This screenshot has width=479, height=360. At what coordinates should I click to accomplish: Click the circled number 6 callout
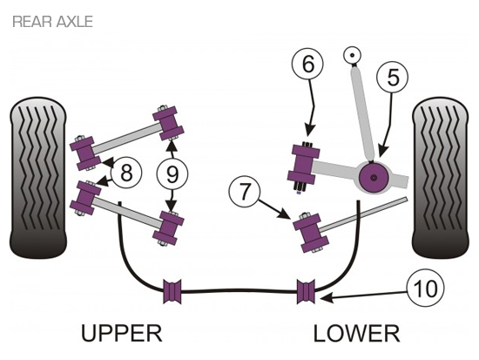(308, 65)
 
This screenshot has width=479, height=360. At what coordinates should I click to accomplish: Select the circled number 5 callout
(393, 78)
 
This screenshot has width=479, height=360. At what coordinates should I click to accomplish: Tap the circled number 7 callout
(245, 193)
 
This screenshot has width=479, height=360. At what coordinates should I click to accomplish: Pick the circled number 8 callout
(126, 173)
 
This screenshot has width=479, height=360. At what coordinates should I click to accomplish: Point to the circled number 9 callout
(172, 174)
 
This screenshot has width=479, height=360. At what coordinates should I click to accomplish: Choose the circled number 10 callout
(425, 289)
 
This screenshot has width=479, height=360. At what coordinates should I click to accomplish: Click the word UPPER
(121, 334)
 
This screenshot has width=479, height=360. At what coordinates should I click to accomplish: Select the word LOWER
(356, 334)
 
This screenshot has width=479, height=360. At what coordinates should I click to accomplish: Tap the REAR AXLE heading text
(52, 22)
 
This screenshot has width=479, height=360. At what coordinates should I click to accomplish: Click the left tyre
(38, 179)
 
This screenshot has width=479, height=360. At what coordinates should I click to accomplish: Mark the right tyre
(440, 179)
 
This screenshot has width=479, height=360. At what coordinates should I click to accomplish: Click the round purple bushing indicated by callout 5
(374, 178)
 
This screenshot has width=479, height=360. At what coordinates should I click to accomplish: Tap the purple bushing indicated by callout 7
(311, 233)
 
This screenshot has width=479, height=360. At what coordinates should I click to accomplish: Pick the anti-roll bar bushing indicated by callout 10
(306, 291)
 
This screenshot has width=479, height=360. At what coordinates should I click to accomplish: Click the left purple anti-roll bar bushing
(172, 291)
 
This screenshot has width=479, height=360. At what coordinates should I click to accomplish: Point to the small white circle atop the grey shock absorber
(352, 56)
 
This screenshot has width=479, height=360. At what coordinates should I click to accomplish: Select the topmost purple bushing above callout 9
(168, 123)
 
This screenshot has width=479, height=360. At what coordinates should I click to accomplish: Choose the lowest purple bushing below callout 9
(168, 228)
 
